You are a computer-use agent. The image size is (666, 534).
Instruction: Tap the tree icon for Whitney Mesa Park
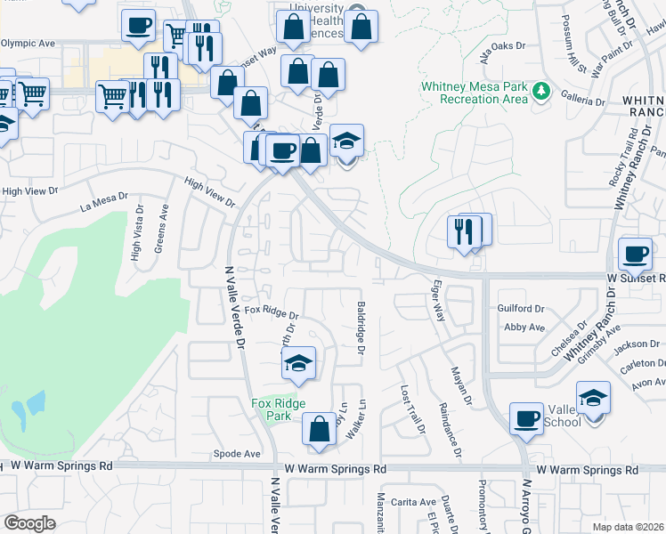point(540,92)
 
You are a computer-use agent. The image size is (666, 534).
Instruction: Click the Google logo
point(29,523)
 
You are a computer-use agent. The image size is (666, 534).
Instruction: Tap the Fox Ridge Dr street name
point(272,312)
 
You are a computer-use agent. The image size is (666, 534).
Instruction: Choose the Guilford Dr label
point(521,309)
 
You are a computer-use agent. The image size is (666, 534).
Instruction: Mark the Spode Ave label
point(237,454)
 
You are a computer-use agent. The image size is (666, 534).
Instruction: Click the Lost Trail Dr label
point(411,409)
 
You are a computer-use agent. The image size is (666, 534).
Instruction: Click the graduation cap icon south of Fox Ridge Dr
point(299,363)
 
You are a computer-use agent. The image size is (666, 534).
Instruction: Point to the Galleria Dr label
point(584,101)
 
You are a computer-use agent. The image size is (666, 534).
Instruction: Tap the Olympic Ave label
point(28,42)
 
